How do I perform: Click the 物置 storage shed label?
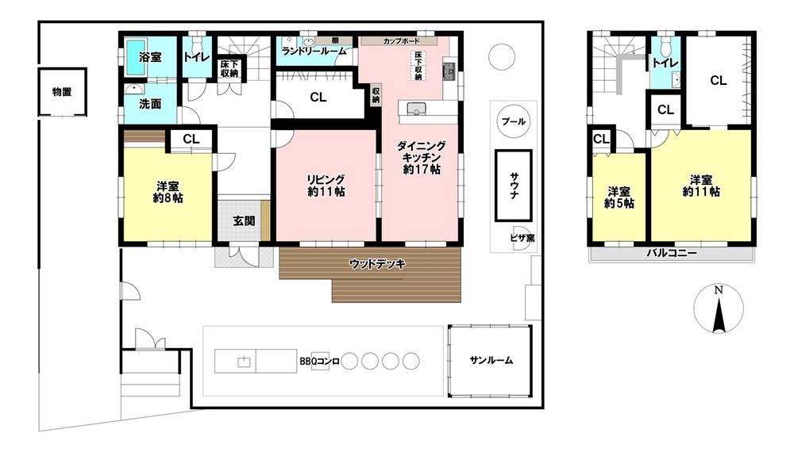pyautogui.click(x=62, y=92)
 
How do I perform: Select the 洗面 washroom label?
pyautogui.click(x=150, y=104)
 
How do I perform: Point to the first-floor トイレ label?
pyautogui.click(x=196, y=57)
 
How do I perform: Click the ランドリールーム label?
pyautogui.click(x=314, y=51)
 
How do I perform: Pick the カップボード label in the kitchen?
pyautogui.click(x=402, y=41)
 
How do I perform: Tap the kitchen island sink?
pyautogui.click(x=416, y=109)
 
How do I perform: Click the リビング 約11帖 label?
pyautogui.click(x=326, y=186)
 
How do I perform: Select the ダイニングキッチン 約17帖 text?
pyautogui.click(x=422, y=158)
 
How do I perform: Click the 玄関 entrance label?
pyautogui.click(x=244, y=221)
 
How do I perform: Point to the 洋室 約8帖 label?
pyautogui.click(x=168, y=192)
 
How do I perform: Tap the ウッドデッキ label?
pyautogui.click(x=377, y=264)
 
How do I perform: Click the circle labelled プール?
pyautogui.click(x=514, y=121)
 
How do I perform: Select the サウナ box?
pyautogui.click(x=514, y=186)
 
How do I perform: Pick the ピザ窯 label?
pyautogui.click(x=522, y=238)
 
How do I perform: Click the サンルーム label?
pyautogui.click(x=491, y=361)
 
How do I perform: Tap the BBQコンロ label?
pyautogui.click(x=319, y=362)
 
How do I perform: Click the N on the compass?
pyautogui.click(x=718, y=290)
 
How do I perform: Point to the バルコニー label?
pyautogui.click(x=672, y=253)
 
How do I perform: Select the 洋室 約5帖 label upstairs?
pyautogui.click(x=619, y=197)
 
